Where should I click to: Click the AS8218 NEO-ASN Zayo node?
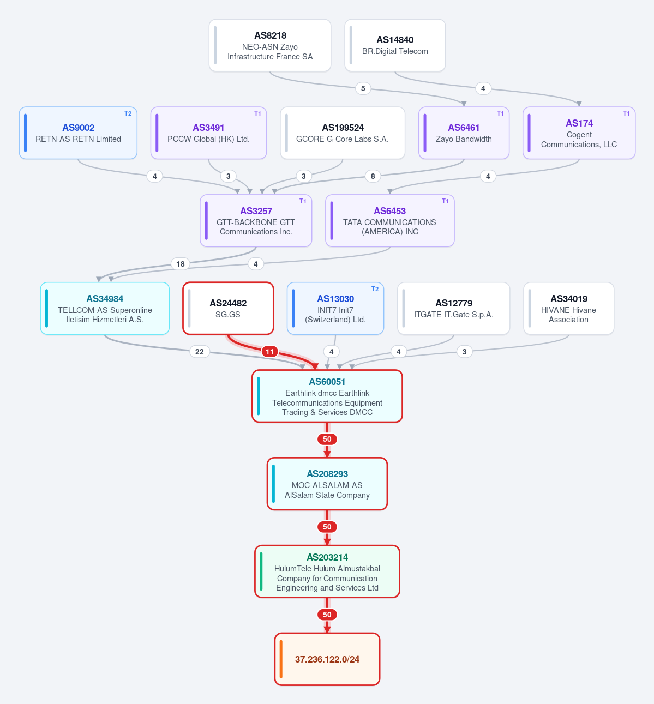[x=270, y=45]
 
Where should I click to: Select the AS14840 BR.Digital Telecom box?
[x=395, y=45]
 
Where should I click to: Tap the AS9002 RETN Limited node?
[x=78, y=133]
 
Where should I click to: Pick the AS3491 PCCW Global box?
[x=208, y=133]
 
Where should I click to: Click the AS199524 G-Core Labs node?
[x=343, y=133]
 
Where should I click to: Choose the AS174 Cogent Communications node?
[x=579, y=133]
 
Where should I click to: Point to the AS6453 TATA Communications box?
[x=390, y=220]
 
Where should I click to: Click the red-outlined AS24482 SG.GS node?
[x=228, y=309]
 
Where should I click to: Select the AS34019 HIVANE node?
[x=568, y=309]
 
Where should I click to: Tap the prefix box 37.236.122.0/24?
[x=327, y=659]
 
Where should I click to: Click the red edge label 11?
[x=270, y=352]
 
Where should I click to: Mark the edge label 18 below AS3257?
[x=181, y=264]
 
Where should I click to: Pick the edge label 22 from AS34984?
[x=200, y=352]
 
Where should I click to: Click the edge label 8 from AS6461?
[x=373, y=176]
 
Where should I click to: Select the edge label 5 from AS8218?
[x=363, y=88]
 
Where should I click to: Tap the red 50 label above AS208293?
[x=327, y=439]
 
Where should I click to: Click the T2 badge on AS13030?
[x=375, y=289]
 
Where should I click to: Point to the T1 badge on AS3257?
[x=303, y=201]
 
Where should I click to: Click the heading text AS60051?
[x=327, y=382]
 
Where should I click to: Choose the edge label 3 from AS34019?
[x=465, y=352]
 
